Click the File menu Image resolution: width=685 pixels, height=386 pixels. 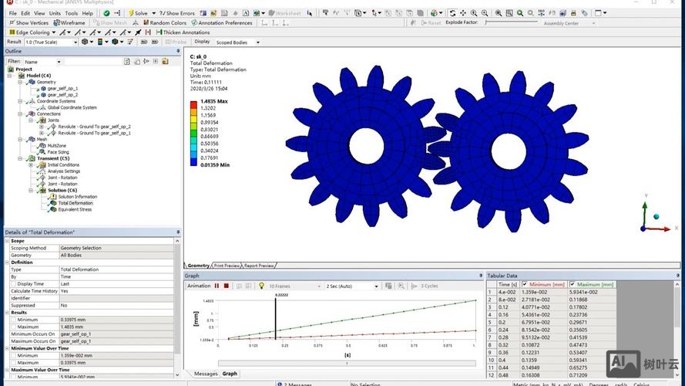click(12, 13)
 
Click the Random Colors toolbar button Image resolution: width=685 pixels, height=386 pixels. click(168, 23)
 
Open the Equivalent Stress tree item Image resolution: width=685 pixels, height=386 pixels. click(75, 209)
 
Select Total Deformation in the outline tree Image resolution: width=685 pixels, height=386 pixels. click(75, 203)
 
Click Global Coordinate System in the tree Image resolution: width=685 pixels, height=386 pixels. click(78, 107)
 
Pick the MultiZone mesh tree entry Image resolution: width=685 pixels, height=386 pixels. click(58, 145)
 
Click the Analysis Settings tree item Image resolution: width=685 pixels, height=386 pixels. click(69, 171)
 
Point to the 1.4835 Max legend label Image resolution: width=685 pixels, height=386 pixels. click(213, 101)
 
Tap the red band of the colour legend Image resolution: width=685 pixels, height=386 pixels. click(193, 105)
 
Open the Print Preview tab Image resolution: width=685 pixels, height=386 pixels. click(227, 265)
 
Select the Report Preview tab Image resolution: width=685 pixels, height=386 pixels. click(259, 265)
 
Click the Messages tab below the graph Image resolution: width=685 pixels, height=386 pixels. click(206, 374)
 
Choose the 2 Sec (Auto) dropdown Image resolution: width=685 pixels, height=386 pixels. click(352, 286)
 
